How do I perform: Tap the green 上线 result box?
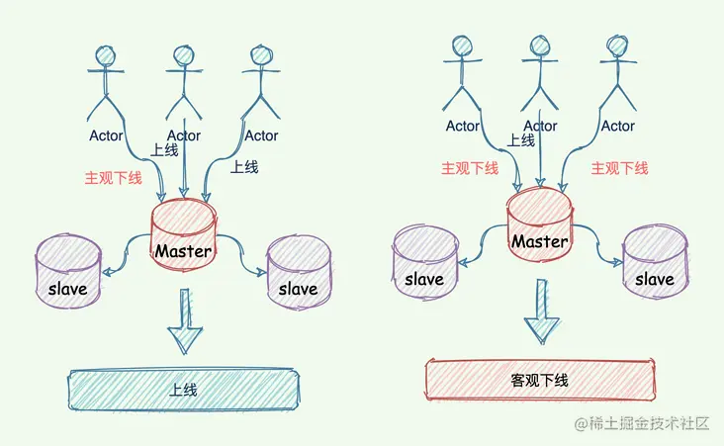pos(183,389)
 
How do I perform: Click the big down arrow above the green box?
pos(184,322)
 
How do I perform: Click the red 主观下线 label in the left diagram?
pos(114,179)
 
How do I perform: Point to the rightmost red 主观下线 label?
pos(619,169)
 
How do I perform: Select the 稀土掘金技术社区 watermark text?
pos(647,423)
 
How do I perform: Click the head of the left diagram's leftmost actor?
pos(107,56)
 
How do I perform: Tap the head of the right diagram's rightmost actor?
pos(617,46)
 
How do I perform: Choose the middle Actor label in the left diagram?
pos(184,135)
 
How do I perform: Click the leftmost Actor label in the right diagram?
pos(463,126)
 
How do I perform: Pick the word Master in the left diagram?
pos(183,251)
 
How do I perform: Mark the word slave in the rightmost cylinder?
pos(654,279)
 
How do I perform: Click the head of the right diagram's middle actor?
pos(540,46)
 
